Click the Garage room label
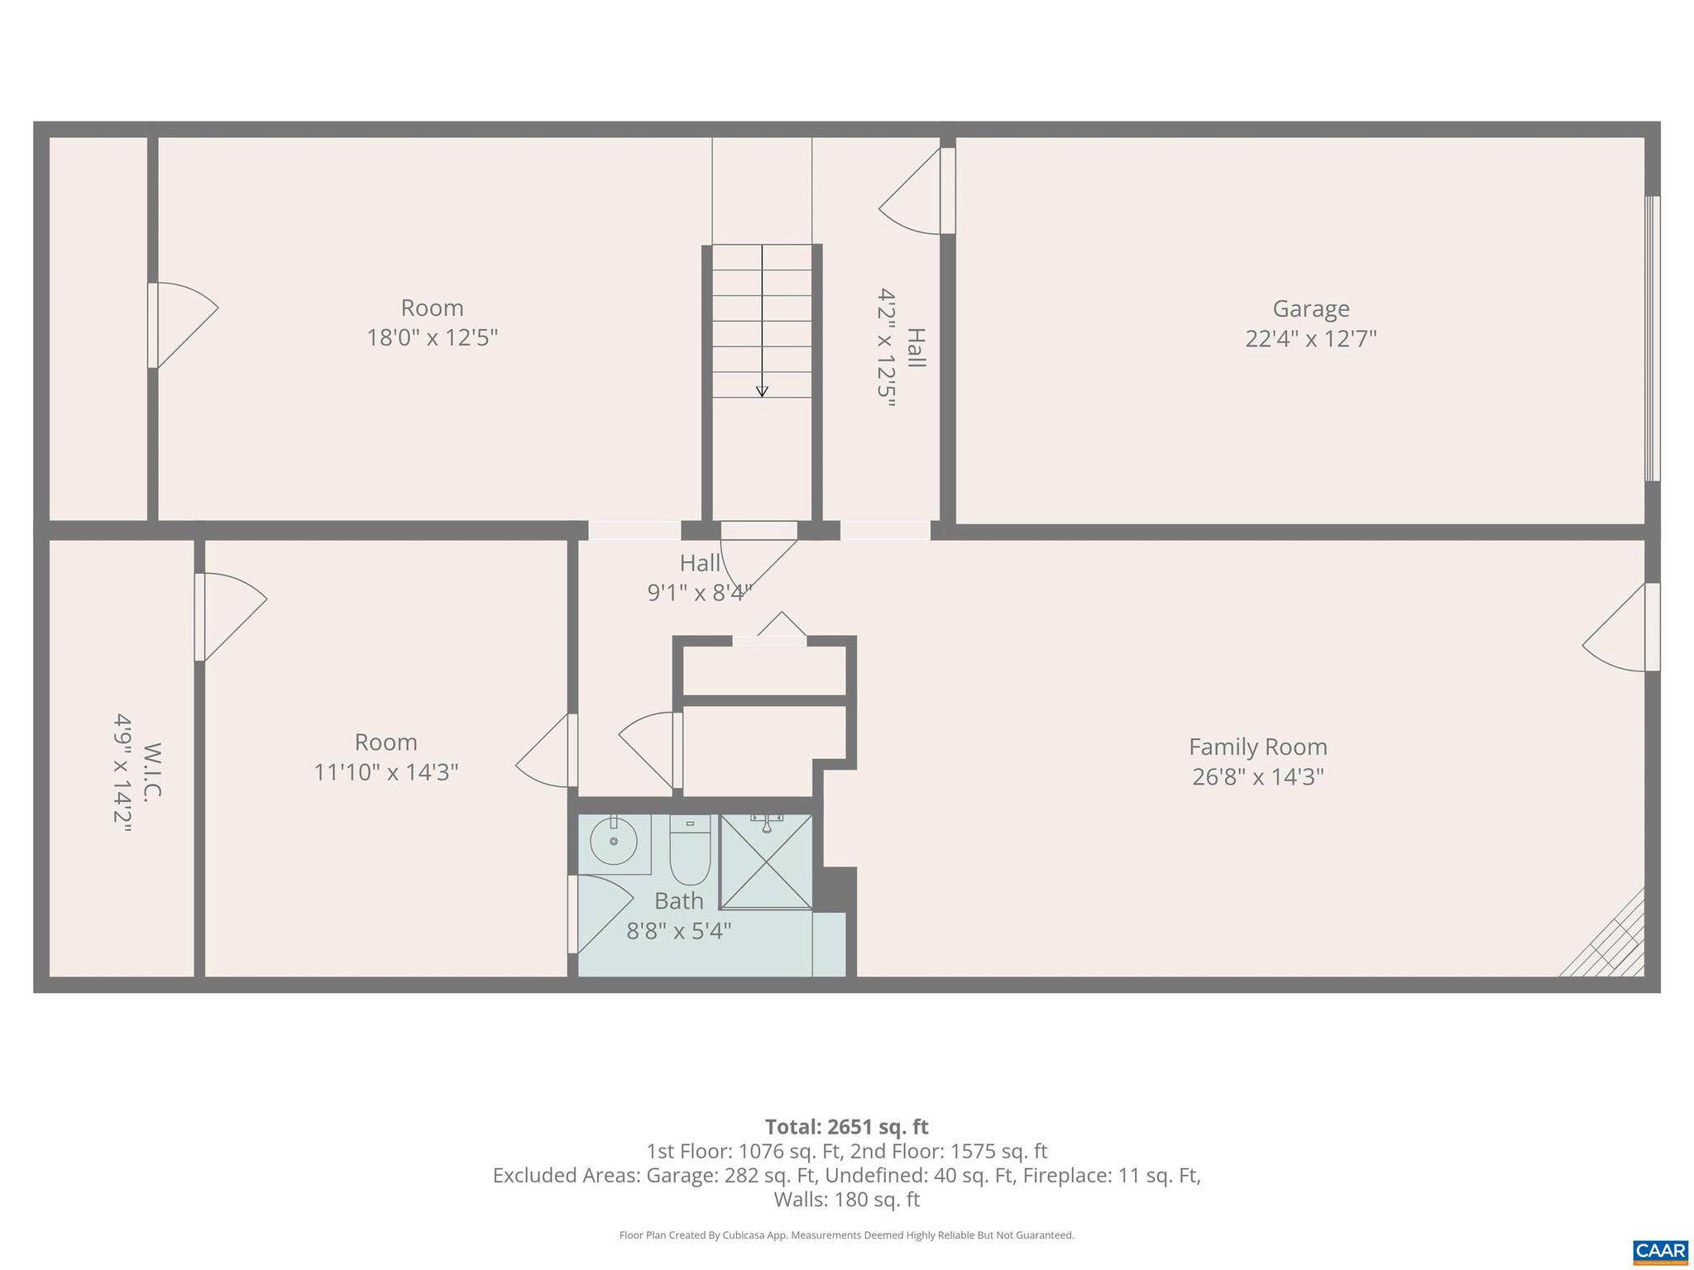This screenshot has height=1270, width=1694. [x=1310, y=308]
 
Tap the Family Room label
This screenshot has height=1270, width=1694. [x=1257, y=747]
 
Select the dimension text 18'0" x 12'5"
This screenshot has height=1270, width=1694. [x=432, y=338]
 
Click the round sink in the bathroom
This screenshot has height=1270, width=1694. [x=614, y=841]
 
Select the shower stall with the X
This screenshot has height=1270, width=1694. [x=766, y=862]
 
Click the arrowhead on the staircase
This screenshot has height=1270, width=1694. [x=762, y=392]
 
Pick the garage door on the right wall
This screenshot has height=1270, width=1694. [x=1651, y=338]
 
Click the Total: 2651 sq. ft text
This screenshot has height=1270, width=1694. [x=846, y=1127]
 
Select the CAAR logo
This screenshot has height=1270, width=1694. [x=1659, y=1250]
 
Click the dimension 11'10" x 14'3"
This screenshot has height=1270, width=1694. [x=385, y=772]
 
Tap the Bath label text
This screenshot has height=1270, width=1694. [x=678, y=900]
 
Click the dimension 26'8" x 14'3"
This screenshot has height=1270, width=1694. [x=1257, y=777]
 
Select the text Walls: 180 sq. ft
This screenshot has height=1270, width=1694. [x=846, y=1199]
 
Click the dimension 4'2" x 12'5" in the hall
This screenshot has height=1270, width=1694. [x=887, y=348]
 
